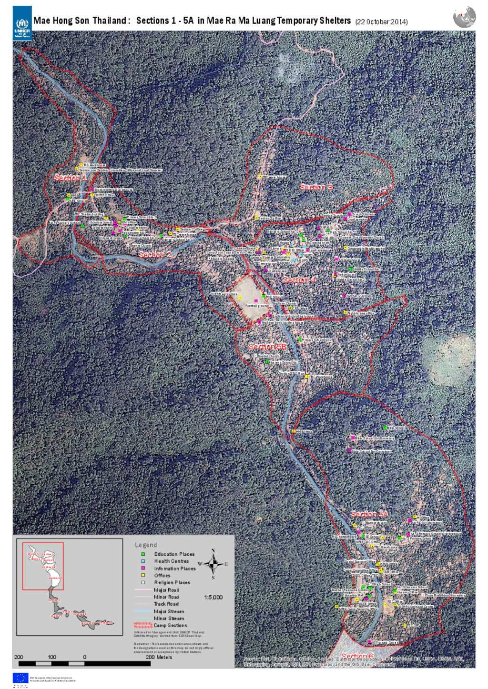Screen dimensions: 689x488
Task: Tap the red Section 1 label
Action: pyautogui.click(x=70, y=178)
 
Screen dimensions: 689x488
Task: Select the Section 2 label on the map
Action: pyautogui.click(x=155, y=255)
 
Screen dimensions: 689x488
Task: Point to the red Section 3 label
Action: pyautogui.click(x=316, y=188)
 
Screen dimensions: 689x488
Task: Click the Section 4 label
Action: pyautogui.click(x=299, y=280)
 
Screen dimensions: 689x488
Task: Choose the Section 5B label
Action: pyautogui.click(x=267, y=347)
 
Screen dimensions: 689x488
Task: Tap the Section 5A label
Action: pyautogui.click(x=370, y=514)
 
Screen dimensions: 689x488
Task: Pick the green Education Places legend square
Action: pyautogui.click(x=143, y=554)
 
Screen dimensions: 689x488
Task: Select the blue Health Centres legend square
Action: pyautogui.click(x=143, y=561)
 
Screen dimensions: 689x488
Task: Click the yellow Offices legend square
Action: pyautogui.click(x=143, y=575)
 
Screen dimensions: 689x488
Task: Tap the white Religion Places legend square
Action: pyautogui.click(x=143, y=582)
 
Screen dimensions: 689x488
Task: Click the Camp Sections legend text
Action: pyautogui.click(x=170, y=625)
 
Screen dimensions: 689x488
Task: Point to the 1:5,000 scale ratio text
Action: pyautogui.click(x=213, y=597)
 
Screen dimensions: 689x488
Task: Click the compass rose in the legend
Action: pyautogui.click(x=213, y=564)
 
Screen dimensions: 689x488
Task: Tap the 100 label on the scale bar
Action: pyautogui.click(x=51, y=657)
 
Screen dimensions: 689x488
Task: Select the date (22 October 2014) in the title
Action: pyautogui.click(x=381, y=22)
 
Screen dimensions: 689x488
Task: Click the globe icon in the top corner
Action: pyautogui.click(x=464, y=17)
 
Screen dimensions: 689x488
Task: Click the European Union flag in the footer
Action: pyautogui.click(x=20, y=678)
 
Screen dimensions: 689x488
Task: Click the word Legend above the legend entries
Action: pyautogui.click(x=146, y=545)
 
